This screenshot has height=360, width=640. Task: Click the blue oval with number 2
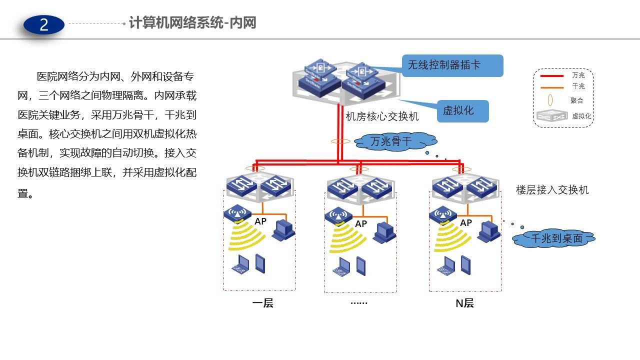coord(44,25)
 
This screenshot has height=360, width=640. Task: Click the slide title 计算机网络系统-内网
coord(192,23)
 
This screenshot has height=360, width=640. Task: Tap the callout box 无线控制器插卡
coord(452,65)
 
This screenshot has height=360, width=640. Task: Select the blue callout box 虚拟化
coord(463,111)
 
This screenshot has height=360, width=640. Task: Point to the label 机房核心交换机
coord(382,116)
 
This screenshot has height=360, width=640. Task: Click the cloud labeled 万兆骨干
coord(395,141)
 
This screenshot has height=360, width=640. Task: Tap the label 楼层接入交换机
coord(552,190)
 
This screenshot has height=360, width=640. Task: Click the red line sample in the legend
coord(551,76)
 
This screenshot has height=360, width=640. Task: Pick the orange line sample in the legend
coord(551,87)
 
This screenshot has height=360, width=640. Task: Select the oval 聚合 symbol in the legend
coord(550,100)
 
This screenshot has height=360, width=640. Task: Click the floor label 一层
coord(262,303)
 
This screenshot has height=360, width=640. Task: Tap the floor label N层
coord(464,303)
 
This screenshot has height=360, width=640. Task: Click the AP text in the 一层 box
coord(260,221)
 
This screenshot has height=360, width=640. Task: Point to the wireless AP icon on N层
coord(443,215)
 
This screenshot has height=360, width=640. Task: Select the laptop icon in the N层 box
coord(446,266)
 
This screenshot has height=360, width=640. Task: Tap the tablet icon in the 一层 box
coord(260,263)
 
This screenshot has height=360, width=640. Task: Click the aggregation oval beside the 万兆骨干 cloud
coord(340,141)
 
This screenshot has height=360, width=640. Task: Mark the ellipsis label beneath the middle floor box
coord(359,303)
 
